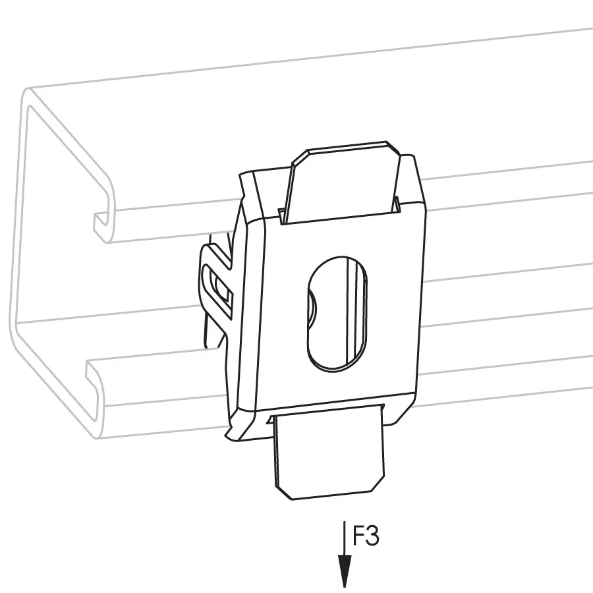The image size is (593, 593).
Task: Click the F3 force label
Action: (365, 536)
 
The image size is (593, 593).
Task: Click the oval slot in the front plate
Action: (337, 313)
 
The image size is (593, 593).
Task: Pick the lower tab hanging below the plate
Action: (329, 452)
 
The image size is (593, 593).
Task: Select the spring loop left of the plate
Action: (215, 287)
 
